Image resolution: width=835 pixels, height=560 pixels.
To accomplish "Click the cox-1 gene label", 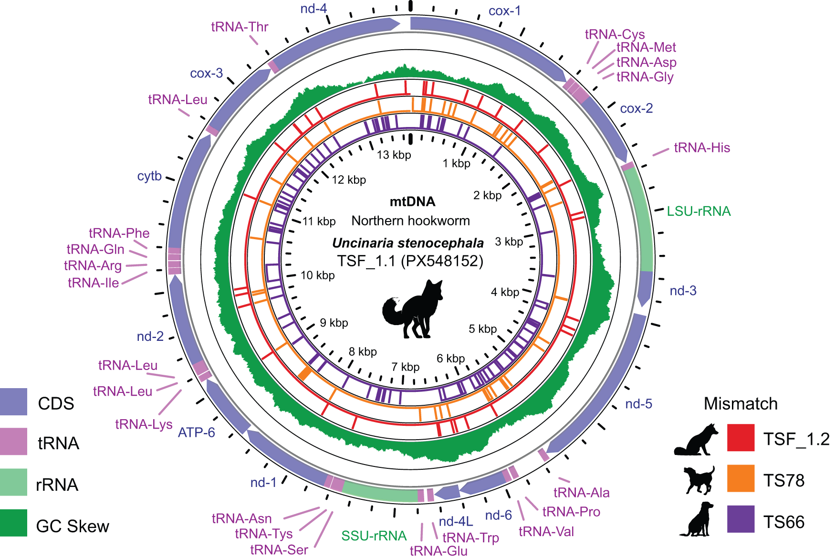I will [x=504, y=11].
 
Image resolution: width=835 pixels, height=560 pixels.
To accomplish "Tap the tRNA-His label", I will [x=701, y=148].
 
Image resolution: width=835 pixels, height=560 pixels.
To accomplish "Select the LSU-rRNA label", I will [x=699, y=211].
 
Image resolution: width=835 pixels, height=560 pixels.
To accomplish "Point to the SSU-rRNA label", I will [x=374, y=536].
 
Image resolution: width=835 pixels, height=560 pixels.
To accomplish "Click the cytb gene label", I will [x=149, y=176].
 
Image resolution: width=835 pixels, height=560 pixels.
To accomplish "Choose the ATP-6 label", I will [x=196, y=433].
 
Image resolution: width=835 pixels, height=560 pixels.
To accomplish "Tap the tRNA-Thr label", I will [x=240, y=27].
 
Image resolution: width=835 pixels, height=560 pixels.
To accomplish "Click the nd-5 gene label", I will [x=638, y=404].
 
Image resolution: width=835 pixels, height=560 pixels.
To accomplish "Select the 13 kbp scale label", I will [x=394, y=155].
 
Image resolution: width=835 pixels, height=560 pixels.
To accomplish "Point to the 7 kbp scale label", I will [x=405, y=367].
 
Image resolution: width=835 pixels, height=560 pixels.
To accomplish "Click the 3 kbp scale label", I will [x=509, y=242].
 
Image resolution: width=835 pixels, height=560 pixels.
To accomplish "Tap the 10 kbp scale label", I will [x=317, y=275].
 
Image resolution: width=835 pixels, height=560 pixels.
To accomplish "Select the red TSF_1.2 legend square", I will [x=741, y=437].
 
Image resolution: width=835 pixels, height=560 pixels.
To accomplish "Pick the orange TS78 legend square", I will [x=741, y=478].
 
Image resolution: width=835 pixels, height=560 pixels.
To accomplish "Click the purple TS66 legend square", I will [x=741, y=519].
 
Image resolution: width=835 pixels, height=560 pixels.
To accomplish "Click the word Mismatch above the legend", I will [x=740, y=404].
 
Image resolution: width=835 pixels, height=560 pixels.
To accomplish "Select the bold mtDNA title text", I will [x=412, y=201].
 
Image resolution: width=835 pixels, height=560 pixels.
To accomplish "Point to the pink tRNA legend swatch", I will [x=13, y=441].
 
